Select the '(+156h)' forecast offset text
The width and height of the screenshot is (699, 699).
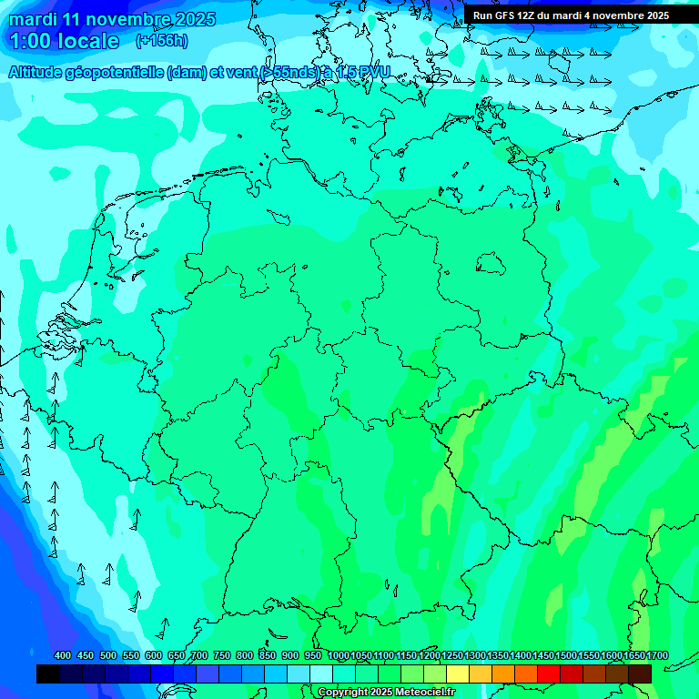coord(161,41)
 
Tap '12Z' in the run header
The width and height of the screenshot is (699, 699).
coord(526,15)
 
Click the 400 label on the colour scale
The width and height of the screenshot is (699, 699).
coord(63,656)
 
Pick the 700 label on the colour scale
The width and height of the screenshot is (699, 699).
coord(199,656)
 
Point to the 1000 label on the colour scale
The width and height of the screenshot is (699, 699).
coord(338,656)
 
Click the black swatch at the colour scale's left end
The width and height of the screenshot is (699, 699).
coord(48,674)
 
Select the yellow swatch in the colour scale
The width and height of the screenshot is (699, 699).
coord(458,674)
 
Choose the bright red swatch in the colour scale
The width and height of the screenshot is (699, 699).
coord(549,674)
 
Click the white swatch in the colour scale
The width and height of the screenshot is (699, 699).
coord(321,674)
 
